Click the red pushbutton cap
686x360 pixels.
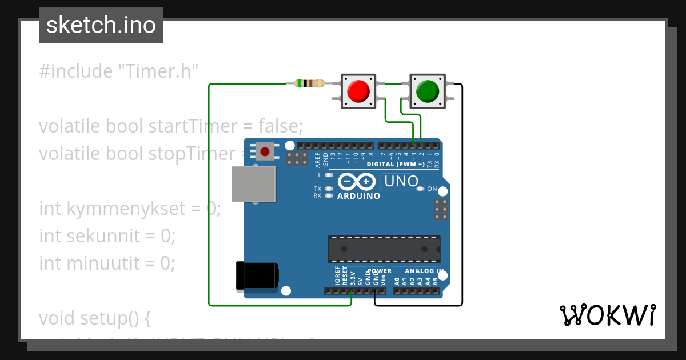click(358, 91)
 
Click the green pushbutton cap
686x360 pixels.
click(427, 91)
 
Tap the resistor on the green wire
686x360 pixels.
click(309, 83)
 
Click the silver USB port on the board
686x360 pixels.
click(253, 184)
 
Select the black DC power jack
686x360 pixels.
click(257, 275)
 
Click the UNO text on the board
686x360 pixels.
click(402, 182)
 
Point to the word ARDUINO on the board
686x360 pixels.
click(358, 195)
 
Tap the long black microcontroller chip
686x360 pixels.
click(384, 249)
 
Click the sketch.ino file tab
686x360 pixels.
click(101, 25)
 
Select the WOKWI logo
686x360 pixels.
click(607, 315)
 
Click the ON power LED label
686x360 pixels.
click(432, 189)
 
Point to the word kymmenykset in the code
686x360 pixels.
click(126, 209)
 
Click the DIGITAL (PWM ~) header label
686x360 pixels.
click(396, 164)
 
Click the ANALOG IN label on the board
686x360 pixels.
click(424, 271)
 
